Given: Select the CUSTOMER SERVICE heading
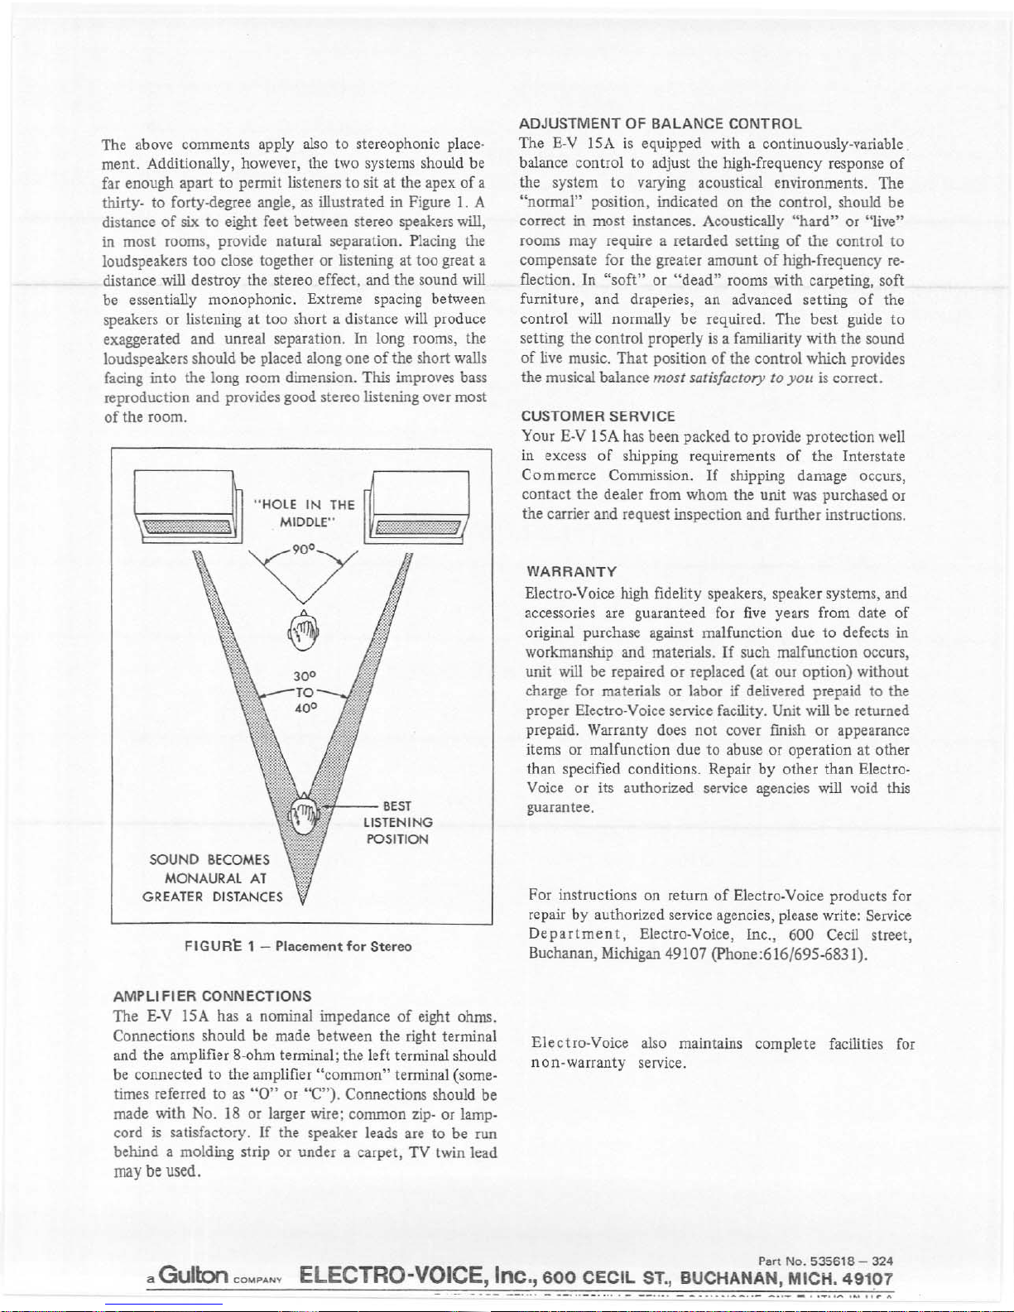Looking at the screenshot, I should tap(598, 416).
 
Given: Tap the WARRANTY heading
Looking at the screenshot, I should tap(571, 572).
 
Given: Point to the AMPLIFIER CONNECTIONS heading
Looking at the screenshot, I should tap(212, 996).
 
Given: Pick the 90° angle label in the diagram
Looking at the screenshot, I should tap(304, 550).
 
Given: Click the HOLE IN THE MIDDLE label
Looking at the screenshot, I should tap(305, 513).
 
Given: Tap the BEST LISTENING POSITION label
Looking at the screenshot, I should tap(397, 822).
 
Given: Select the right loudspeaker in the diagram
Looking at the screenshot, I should tap(421, 506).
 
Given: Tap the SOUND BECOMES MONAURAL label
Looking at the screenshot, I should tap(213, 877).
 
